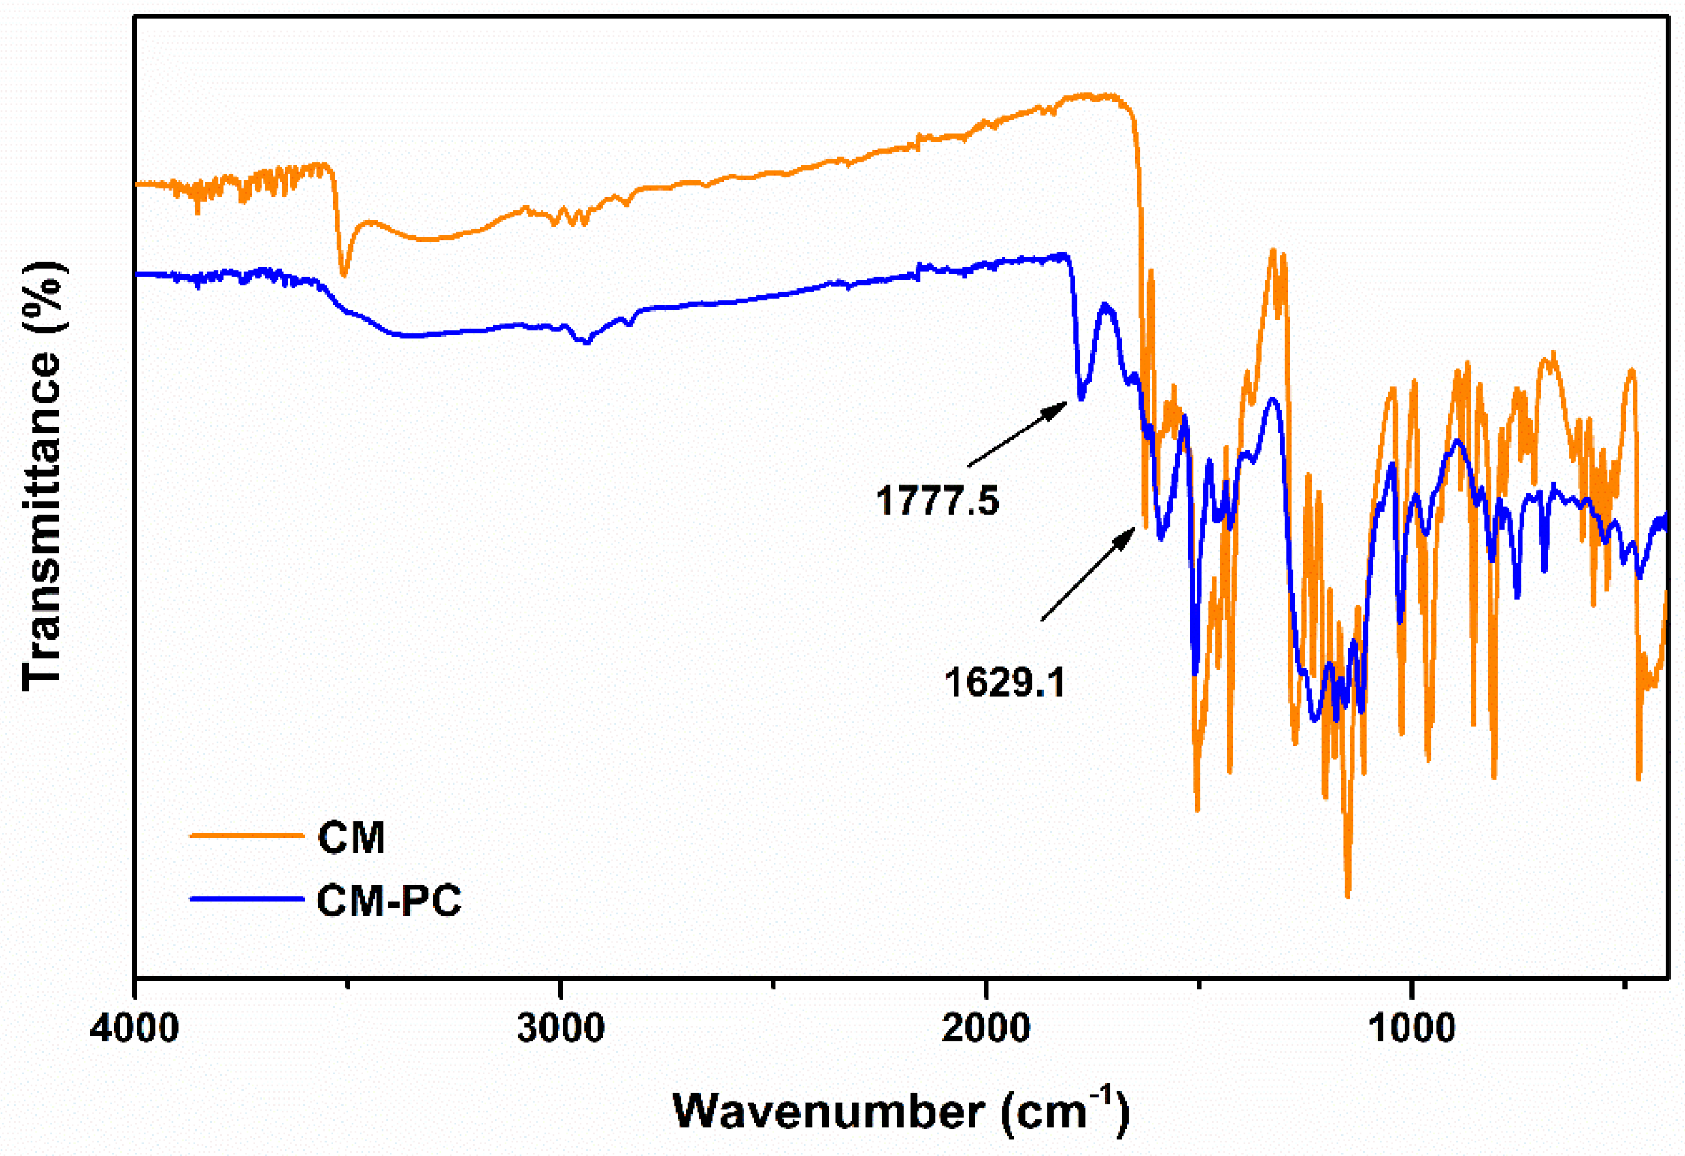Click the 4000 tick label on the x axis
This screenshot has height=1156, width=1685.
tap(135, 1028)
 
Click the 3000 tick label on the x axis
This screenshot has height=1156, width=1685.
tap(561, 1028)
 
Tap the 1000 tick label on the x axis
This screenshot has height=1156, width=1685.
tap(1412, 1028)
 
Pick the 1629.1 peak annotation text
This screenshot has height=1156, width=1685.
tap(1004, 682)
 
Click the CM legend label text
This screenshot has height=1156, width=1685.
tap(351, 838)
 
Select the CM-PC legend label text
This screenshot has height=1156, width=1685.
tap(388, 902)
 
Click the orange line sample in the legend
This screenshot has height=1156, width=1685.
tap(246, 836)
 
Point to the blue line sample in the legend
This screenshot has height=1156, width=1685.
tap(246, 899)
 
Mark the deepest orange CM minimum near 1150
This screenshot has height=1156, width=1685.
tap(1348, 896)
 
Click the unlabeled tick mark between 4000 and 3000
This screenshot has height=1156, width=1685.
tap(348, 983)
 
